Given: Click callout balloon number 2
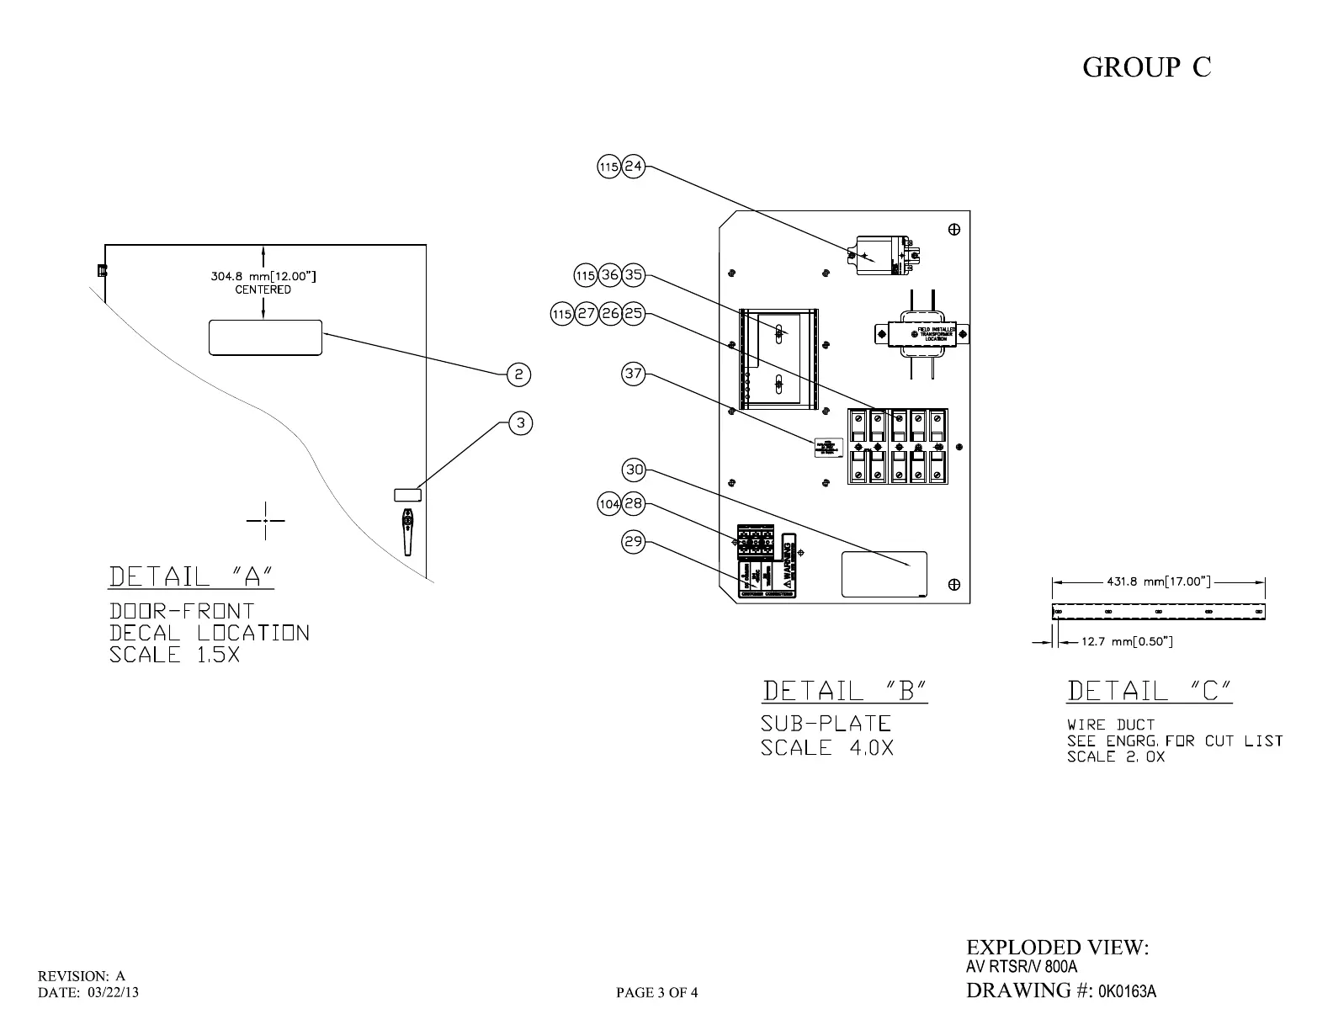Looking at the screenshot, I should (519, 374).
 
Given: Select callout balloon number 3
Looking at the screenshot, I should (521, 422).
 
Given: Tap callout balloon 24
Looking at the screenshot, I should (633, 167).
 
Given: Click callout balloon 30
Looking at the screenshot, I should (633, 470).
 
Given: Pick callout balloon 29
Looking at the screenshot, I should (633, 542).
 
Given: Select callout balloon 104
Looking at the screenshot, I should (608, 504).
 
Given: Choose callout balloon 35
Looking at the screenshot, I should (633, 275).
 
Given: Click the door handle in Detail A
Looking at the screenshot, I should (408, 530).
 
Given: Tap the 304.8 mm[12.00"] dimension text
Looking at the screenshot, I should (263, 276).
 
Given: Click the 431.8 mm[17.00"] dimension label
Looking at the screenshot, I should (1158, 581).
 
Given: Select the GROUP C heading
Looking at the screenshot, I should (1146, 67).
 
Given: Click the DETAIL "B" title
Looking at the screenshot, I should (844, 692).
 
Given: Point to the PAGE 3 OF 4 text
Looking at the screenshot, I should (656, 993).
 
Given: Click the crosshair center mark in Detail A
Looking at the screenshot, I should (265, 521).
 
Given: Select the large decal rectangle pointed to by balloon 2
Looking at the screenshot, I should (265, 337).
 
